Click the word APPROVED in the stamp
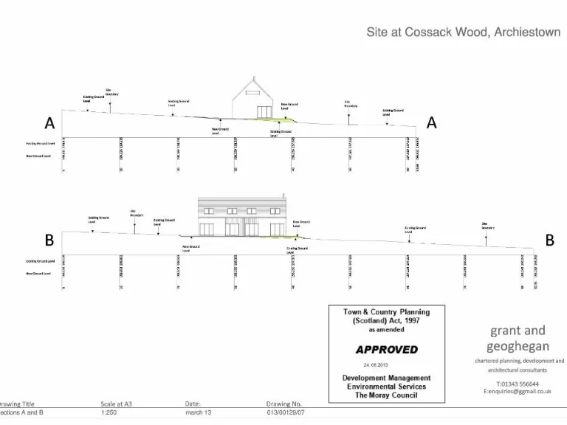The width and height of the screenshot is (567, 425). click(386, 349)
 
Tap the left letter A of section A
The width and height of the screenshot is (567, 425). click(49, 122)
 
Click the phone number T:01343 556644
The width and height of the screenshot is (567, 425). click(518, 384)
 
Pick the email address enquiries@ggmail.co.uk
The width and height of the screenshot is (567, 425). click(519, 392)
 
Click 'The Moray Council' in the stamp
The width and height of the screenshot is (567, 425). click(386, 395)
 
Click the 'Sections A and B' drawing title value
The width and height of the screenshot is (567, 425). click(21, 412)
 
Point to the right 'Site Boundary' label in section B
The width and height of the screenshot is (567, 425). click(487, 225)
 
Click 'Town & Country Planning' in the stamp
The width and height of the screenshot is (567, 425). click(386, 312)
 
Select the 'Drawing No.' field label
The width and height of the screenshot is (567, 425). click(284, 404)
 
